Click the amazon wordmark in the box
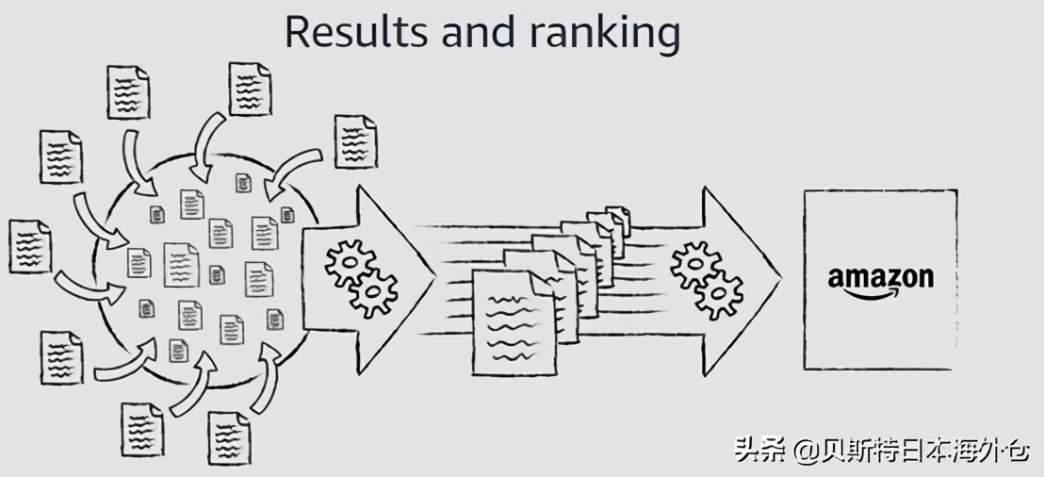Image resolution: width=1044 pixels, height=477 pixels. click(880, 277)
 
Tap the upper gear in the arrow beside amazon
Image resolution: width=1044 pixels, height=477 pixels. click(693, 264)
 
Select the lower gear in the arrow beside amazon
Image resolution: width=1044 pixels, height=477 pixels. click(719, 294)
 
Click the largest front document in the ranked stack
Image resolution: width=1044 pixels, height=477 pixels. click(514, 321)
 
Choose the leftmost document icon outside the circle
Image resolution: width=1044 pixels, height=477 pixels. click(29, 246)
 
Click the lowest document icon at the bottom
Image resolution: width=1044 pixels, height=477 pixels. click(228, 439)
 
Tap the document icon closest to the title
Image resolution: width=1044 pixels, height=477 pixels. click(250, 89)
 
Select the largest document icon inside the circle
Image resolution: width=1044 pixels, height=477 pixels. click(182, 265)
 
